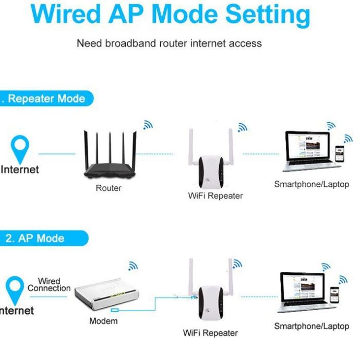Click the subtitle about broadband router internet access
click(x=169, y=43)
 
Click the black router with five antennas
click(x=109, y=157)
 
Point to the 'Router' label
click(x=109, y=188)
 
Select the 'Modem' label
click(x=103, y=321)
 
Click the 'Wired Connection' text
click(x=49, y=284)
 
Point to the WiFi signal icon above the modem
click(x=134, y=266)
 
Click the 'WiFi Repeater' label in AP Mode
click(x=210, y=332)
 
